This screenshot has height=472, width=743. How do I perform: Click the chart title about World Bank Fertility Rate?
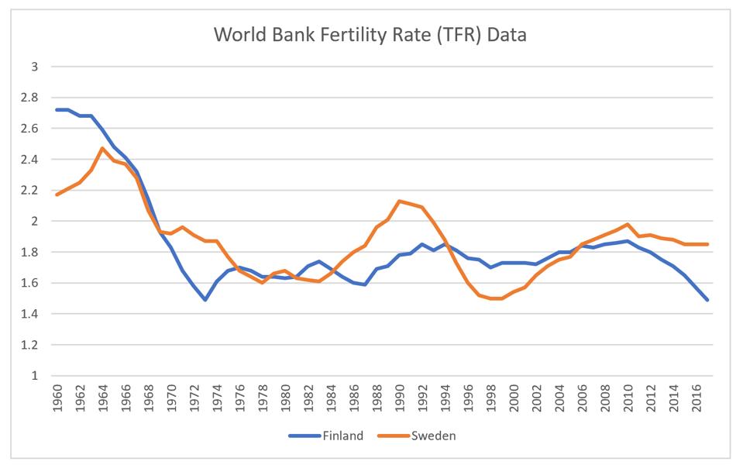(x=370, y=35)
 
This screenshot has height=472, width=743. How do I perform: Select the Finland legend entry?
(x=326, y=436)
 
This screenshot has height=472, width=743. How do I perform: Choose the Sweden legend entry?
(x=417, y=436)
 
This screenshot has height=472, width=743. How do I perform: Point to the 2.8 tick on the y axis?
(x=29, y=98)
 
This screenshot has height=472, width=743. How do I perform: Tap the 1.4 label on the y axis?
(x=29, y=314)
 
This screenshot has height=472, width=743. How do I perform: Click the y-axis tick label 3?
(x=34, y=67)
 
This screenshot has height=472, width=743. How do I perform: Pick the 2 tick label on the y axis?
(x=34, y=222)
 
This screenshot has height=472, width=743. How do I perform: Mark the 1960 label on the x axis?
(x=57, y=398)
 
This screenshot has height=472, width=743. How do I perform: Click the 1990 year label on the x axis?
(x=400, y=398)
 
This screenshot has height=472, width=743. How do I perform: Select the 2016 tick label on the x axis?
(x=697, y=398)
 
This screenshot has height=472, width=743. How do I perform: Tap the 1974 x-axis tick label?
(x=218, y=398)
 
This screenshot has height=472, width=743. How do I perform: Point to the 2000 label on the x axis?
(x=514, y=398)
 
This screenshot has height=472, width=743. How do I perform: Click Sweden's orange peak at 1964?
(x=102, y=148)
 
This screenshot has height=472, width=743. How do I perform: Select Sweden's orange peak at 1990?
(x=400, y=201)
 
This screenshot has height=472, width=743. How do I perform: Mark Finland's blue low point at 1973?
(x=205, y=300)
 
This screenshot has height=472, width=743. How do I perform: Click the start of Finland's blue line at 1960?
(x=57, y=110)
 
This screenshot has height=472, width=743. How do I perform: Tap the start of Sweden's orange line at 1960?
(x=57, y=195)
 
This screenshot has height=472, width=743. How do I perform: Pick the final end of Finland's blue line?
(x=707, y=300)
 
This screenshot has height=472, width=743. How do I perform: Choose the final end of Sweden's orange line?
(x=707, y=245)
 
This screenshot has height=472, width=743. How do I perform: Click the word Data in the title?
(x=507, y=35)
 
